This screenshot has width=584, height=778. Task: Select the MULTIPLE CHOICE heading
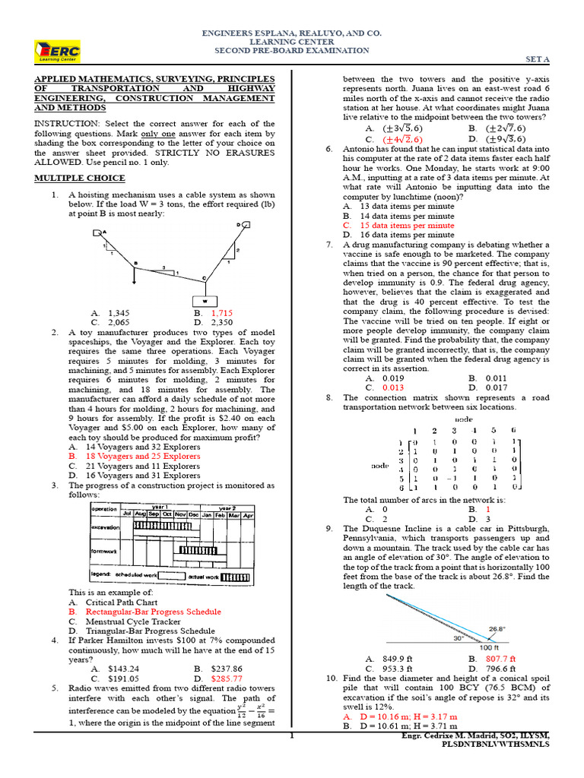pos(80,178)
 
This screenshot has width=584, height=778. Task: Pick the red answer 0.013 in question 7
pos(392,387)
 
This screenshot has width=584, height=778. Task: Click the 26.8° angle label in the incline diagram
pos(497,629)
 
